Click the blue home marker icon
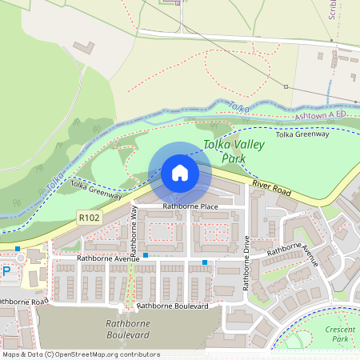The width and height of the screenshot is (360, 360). pos(180,173)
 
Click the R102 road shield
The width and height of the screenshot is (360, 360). pos(89,216)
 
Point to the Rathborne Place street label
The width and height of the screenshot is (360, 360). pos(190,206)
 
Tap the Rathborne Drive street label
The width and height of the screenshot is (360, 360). pos(247,261)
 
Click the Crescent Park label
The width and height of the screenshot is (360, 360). pos(340,334)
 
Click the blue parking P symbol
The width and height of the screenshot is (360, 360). pos(6,271)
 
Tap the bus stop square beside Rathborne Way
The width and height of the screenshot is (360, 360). pos(145,255)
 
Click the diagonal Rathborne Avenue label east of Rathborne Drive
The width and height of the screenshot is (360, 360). pos(293,257)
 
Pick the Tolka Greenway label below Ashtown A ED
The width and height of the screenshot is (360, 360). pos(302,134)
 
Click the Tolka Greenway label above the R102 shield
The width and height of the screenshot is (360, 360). pos(95,190)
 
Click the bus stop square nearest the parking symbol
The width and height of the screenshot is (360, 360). pos(18,249)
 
